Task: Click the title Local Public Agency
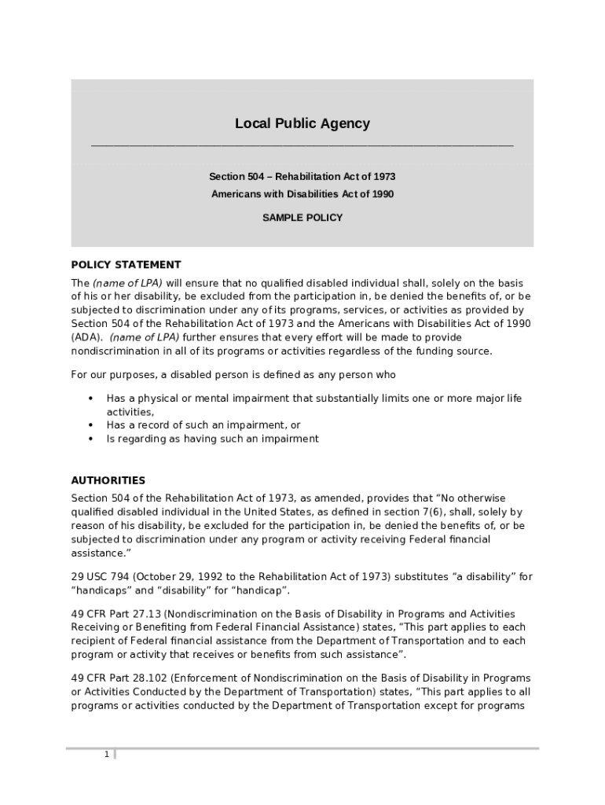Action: [x=302, y=123]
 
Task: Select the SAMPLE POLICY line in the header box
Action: [x=302, y=218]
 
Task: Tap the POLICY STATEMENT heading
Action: [x=126, y=265]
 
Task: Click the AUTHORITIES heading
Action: [x=108, y=480]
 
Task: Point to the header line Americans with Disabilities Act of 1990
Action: [x=302, y=194]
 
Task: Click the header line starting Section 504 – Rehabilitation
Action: [x=302, y=177]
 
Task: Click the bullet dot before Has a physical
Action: [x=91, y=399]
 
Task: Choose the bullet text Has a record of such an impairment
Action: [x=203, y=425]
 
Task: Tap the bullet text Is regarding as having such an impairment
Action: [x=212, y=439]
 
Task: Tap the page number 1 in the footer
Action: [x=106, y=755]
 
